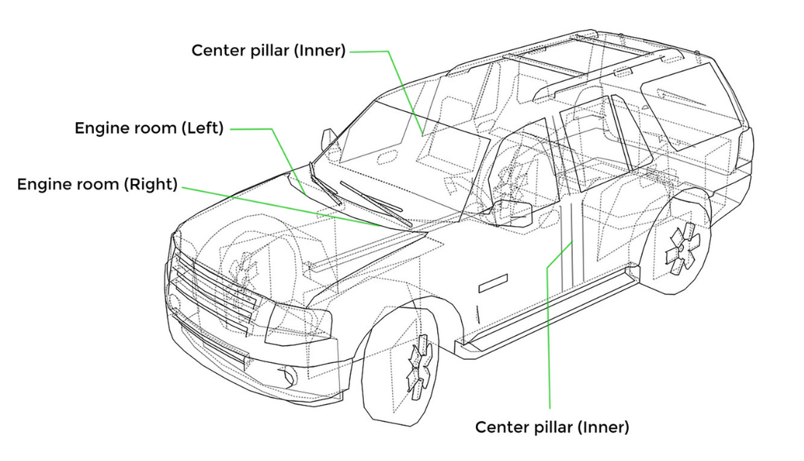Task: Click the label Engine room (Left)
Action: (x=149, y=128)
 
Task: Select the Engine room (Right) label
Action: (x=97, y=184)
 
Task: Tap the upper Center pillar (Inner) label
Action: (x=268, y=50)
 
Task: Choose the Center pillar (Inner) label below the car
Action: (x=552, y=427)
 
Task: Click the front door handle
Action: (x=493, y=284)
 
